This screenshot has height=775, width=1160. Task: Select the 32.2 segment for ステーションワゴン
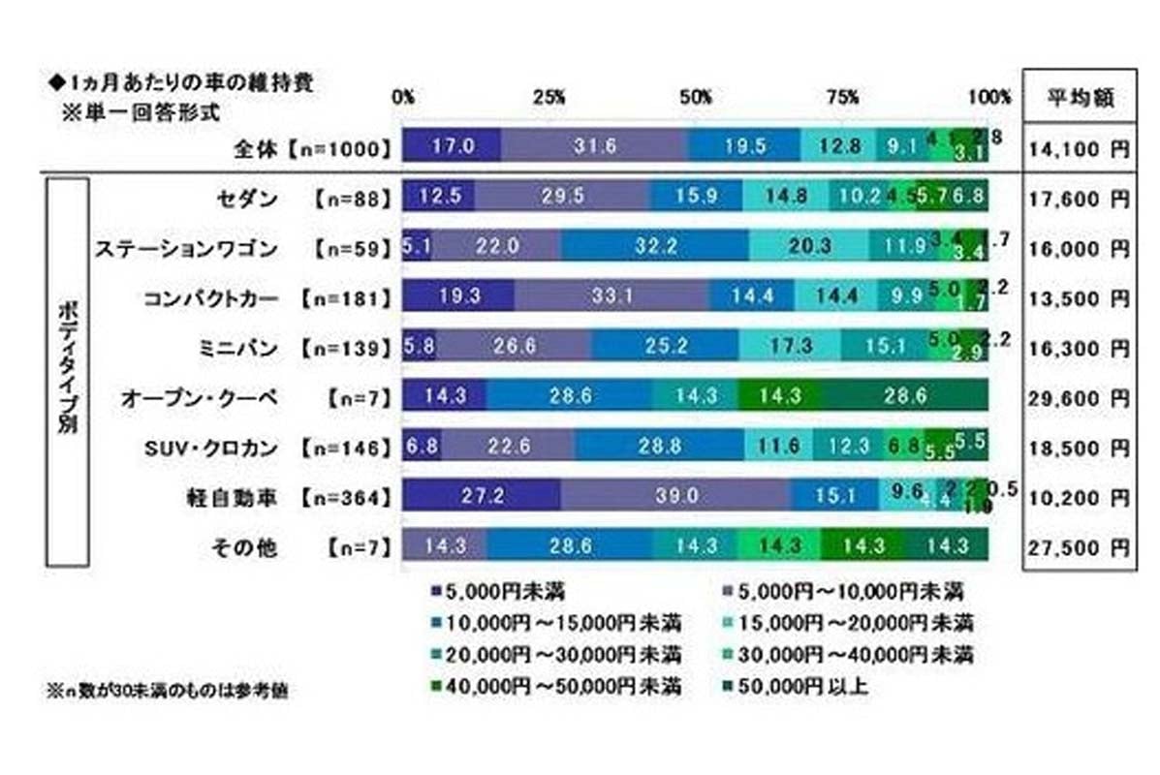655,248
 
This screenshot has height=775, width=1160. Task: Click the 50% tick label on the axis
697,98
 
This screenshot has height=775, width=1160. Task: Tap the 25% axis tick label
549,98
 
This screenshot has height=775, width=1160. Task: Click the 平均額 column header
1078,98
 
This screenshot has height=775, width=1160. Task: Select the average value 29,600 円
1078,398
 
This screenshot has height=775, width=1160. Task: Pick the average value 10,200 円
1078,498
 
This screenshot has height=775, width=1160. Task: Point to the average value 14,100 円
1078,147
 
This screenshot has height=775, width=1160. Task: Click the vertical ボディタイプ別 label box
68,371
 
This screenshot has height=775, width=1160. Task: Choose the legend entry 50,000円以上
797,687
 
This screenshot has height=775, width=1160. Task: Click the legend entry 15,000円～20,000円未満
843,621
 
